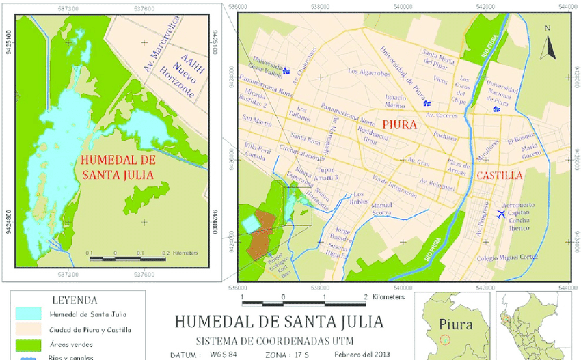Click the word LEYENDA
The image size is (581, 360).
[x=75, y=300]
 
